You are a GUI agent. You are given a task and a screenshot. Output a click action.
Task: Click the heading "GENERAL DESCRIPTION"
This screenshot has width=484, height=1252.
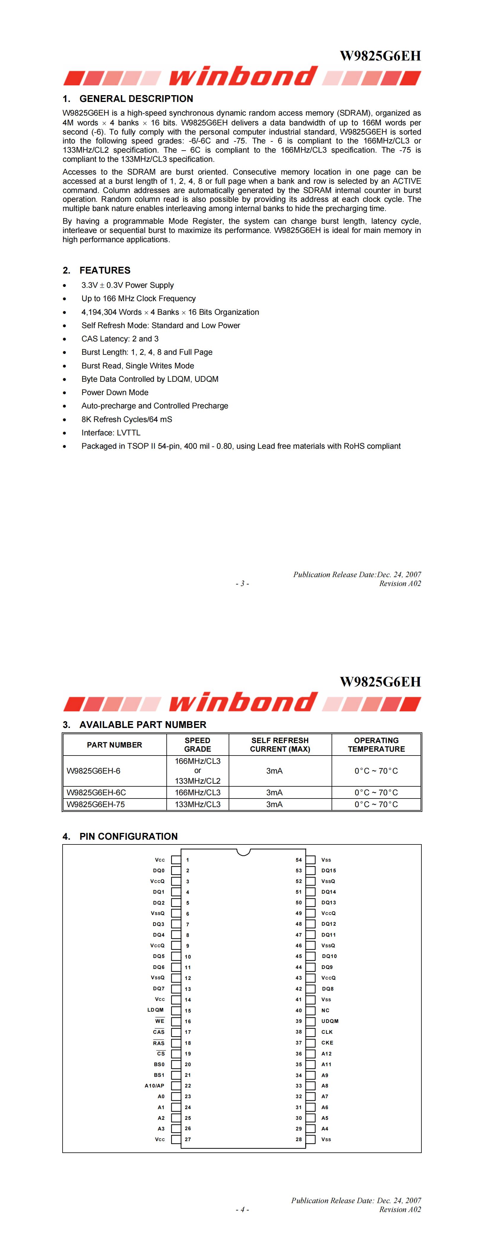pos(136,99)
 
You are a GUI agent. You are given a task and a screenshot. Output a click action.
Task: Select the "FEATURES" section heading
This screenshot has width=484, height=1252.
pos(105,270)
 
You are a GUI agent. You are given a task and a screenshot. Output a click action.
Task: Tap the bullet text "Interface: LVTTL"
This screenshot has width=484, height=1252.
pos(111,432)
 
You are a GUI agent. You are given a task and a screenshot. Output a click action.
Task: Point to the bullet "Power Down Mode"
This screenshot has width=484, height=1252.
pos(115,392)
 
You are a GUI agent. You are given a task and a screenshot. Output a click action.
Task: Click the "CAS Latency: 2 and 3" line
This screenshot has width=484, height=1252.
pos(120,339)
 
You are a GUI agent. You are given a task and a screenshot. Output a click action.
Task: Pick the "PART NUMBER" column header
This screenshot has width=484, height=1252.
pos(114,745)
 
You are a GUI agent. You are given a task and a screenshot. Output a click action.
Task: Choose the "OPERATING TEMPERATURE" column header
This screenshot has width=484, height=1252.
pos(376,745)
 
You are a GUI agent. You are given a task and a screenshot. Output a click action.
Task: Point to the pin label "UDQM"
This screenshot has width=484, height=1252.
pos(330,1021)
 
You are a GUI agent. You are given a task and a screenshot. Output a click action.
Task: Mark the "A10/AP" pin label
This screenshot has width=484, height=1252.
pos(154,1086)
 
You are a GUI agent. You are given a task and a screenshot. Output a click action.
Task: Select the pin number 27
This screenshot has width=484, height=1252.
pos(188,1139)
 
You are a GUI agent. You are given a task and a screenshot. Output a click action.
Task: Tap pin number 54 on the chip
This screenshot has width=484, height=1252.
pos(299,860)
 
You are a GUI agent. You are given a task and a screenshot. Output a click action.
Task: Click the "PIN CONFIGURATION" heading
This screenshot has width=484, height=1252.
pos(128,836)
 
